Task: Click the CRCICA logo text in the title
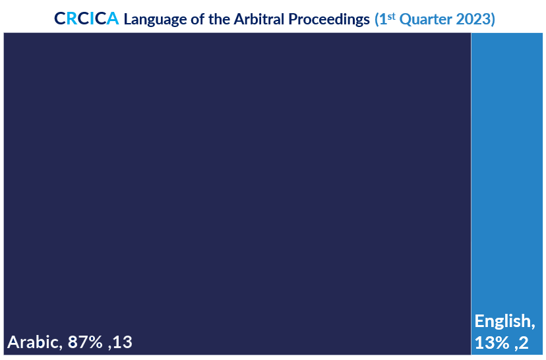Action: coord(86,18)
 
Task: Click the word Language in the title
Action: coord(156,20)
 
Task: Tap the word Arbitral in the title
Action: coord(259,19)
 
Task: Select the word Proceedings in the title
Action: coord(329,20)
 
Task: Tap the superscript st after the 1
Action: coord(392,16)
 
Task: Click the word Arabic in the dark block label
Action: coord(34,342)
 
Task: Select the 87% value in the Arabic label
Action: coord(85,342)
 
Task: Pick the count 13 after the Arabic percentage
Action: coord(122,342)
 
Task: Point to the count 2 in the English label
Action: coord(524,343)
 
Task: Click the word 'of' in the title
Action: coord(197,19)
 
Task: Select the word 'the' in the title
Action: coord(219,19)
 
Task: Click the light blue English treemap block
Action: coord(507,174)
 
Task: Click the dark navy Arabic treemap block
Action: coord(237,174)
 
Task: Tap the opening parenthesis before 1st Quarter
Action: coord(377,20)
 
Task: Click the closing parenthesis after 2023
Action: coord(493,20)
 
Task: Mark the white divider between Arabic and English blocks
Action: coord(471,194)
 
